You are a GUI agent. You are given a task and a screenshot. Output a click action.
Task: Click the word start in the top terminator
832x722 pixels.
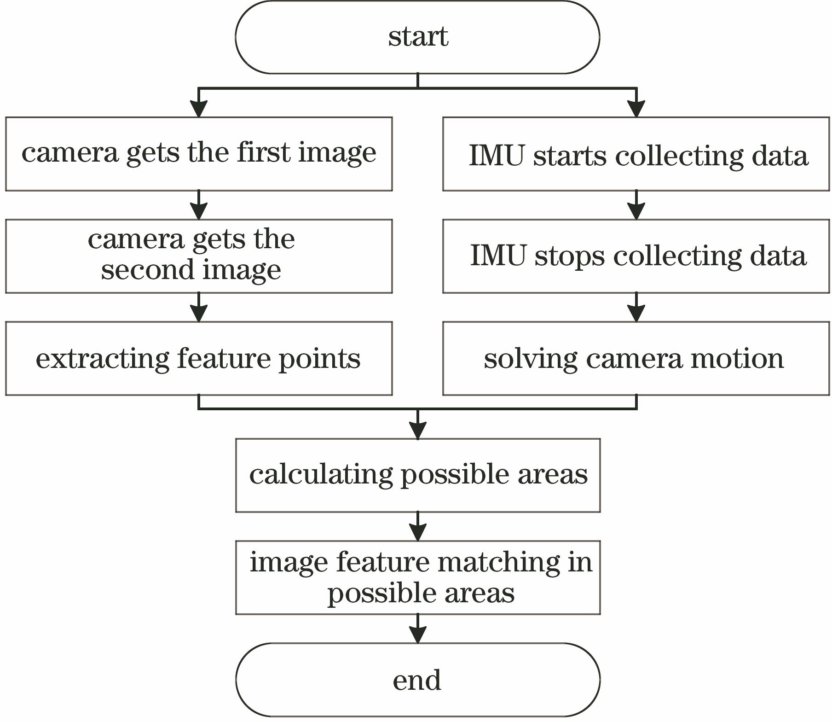coord(418,37)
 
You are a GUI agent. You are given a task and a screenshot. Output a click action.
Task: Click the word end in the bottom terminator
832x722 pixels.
coord(417,681)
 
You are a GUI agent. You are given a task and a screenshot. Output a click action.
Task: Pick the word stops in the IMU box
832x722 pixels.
coord(570,256)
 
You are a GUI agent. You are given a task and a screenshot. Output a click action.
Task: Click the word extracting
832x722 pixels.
coord(102,359)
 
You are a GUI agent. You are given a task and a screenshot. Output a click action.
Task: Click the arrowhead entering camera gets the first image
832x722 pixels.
coord(199,109)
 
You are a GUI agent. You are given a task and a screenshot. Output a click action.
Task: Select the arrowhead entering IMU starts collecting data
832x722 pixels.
coord(636,109)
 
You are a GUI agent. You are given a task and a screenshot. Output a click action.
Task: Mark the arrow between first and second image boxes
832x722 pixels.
coord(199,206)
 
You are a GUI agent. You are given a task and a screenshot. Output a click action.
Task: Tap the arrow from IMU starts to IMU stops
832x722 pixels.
coord(636,206)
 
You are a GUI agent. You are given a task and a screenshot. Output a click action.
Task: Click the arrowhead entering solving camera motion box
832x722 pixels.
coord(636,314)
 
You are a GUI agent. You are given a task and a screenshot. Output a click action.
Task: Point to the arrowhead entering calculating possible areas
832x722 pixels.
coord(417,431)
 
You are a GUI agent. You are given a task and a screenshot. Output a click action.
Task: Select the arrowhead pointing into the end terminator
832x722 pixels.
coord(417,635)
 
